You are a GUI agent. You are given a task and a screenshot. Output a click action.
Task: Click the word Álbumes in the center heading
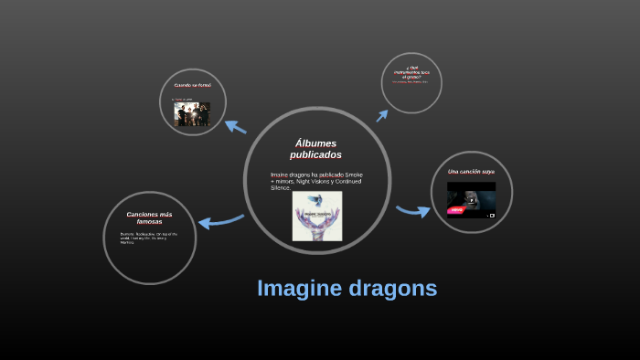click(316, 143)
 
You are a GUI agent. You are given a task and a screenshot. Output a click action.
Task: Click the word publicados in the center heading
click(316, 154)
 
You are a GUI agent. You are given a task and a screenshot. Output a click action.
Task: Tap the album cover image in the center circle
click(316, 216)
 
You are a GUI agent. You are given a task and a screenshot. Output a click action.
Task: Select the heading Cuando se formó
click(192, 85)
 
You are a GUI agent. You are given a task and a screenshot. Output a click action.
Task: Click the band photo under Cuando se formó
click(192, 113)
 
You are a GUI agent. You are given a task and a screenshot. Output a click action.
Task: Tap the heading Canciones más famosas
click(149, 217)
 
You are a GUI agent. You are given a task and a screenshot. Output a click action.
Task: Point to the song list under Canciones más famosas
click(148, 238)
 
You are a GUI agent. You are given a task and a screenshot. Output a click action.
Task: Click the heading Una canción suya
click(471, 171)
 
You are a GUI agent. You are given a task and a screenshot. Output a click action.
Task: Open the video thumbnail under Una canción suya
click(471, 198)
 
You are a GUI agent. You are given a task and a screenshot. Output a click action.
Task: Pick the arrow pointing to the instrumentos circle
click(383, 114)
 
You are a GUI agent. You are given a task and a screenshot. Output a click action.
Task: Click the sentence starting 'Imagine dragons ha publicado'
click(316, 180)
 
